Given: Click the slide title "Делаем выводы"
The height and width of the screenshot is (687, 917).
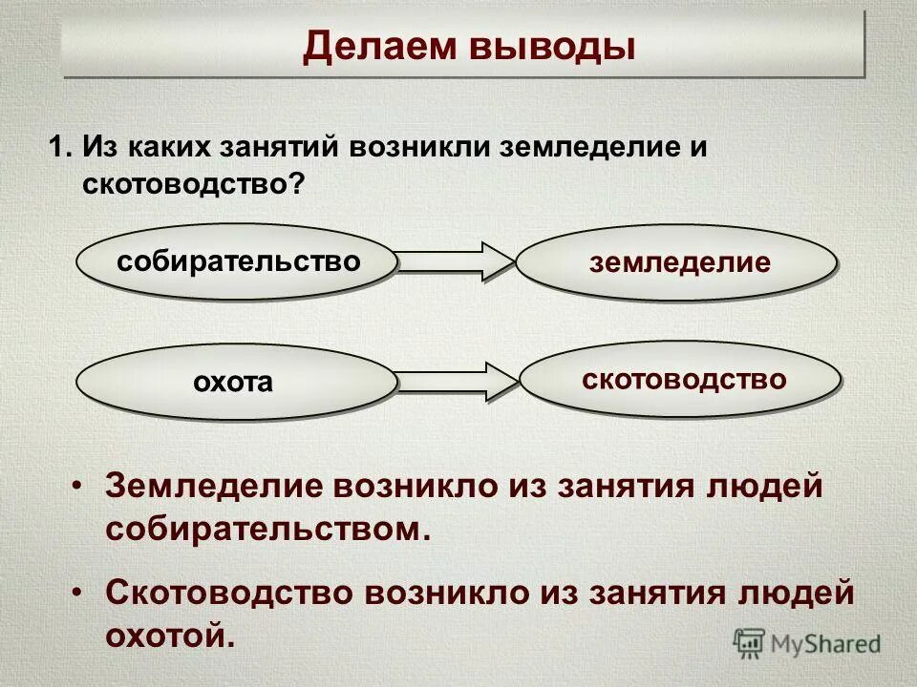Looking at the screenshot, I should pyautogui.click(x=468, y=46).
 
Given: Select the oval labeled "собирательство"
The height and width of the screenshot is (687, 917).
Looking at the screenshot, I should pyautogui.click(x=238, y=261).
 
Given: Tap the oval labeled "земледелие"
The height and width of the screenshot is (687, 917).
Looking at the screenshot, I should pyautogui.click(x=678, y=263).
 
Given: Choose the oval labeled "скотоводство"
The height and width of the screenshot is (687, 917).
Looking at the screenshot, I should pyautogui.click(x=682, y=380).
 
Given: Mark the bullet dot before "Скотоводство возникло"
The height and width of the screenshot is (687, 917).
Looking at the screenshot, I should pyautogui.click(x=77, y=593).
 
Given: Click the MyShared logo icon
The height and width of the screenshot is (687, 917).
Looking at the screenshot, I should pyautogui.click(x=749, y=643).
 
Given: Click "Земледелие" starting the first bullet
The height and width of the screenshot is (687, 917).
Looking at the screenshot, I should pyautogui.click(x=210, y=487).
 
